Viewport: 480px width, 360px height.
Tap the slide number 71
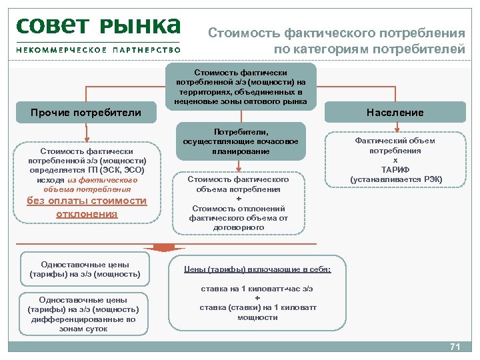456,347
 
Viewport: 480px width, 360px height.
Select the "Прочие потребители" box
86,112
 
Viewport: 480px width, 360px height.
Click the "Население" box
395,112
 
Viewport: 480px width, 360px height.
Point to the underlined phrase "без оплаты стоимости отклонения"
87,207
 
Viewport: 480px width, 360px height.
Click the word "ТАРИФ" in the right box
395,170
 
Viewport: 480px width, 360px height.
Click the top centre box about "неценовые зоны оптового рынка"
241,86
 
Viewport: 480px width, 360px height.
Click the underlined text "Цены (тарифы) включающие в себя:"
257,269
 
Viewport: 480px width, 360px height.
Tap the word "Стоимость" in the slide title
243,33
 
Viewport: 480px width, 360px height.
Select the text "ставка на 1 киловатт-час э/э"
257,289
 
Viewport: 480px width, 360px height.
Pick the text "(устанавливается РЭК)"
395,180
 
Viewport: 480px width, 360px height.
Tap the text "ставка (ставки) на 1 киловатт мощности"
257,312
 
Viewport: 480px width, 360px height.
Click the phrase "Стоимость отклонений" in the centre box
238,208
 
